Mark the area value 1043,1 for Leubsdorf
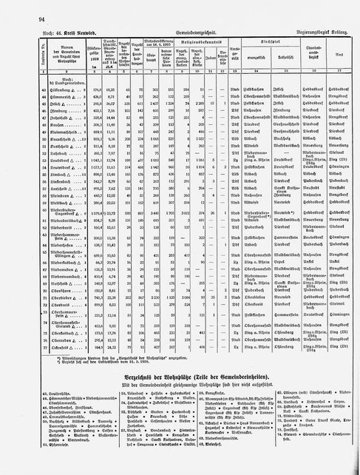coord(93,201)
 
